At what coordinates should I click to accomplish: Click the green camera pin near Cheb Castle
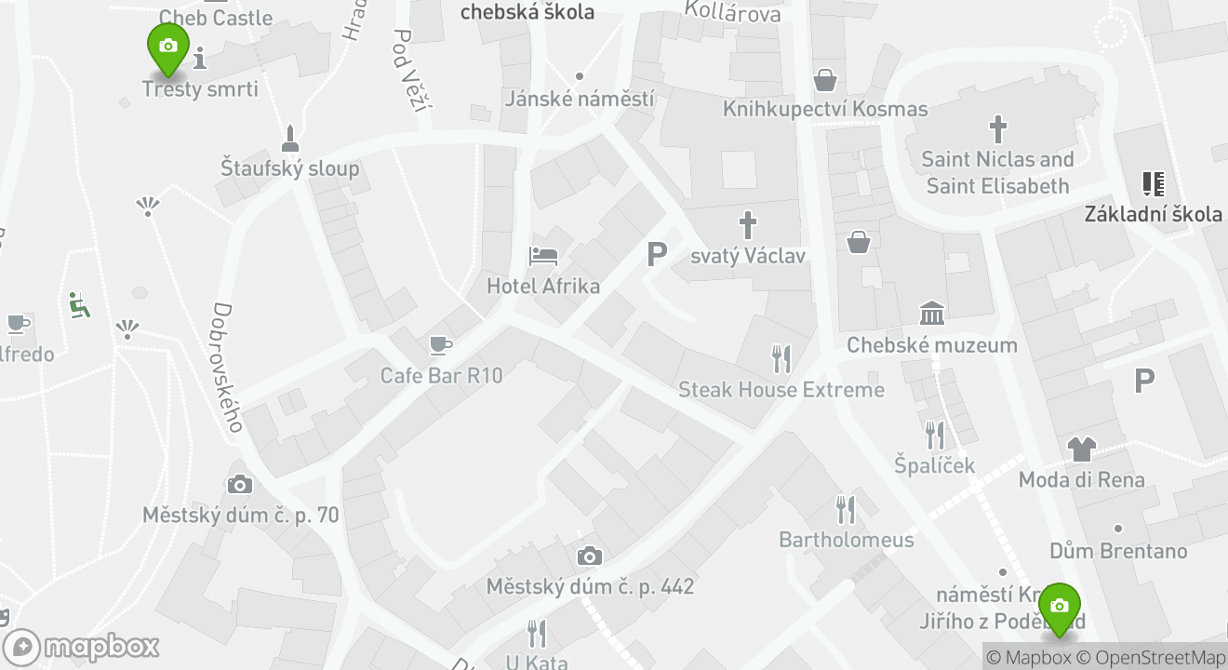(168, 47)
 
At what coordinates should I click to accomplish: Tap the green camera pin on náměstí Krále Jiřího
(1059, 607)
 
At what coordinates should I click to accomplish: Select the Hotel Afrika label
(543, 286)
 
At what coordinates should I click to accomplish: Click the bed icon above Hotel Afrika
(543, 254)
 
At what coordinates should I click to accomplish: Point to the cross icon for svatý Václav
(747, 225)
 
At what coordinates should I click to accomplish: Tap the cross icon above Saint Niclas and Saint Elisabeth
(997, 129)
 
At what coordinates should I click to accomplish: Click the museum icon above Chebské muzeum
(932, 314)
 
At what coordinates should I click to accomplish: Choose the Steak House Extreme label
(781, 389)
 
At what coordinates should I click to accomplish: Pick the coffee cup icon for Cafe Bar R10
(440, 346)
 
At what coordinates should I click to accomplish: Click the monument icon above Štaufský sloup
(290, 139)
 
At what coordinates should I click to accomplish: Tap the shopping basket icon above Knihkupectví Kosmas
(825, 80)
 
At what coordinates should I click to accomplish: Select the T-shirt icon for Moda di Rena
(1081, 449)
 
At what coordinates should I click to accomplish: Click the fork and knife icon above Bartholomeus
(845, 509)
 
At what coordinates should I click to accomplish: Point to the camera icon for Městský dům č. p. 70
(240, 484)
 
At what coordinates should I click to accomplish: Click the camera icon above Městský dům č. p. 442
(589, 556)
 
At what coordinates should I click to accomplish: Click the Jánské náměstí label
(580, 98)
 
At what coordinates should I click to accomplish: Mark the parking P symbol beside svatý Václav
(657, 254)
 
